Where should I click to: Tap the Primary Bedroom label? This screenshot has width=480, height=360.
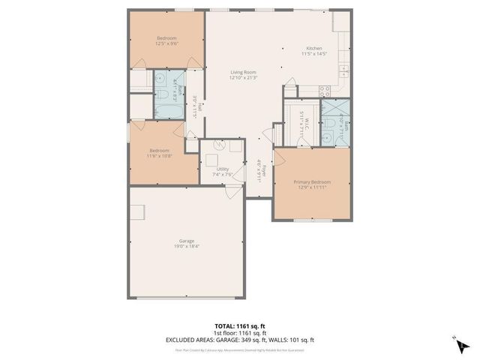[311, 181]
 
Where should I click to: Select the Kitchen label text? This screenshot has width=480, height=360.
[313, 47]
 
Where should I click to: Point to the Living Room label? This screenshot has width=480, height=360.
[243, 72]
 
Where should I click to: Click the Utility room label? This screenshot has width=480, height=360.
[223, 169]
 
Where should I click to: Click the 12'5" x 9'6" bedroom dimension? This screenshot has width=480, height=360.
[166, 43]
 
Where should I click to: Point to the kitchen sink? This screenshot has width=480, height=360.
[344, 71]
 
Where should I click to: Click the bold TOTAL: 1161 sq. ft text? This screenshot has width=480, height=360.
[239, 326]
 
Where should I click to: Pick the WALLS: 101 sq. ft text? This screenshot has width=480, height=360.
[290, 339]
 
